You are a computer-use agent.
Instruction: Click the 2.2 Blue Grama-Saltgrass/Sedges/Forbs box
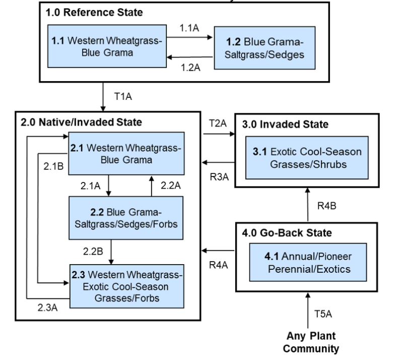[126, 216]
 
